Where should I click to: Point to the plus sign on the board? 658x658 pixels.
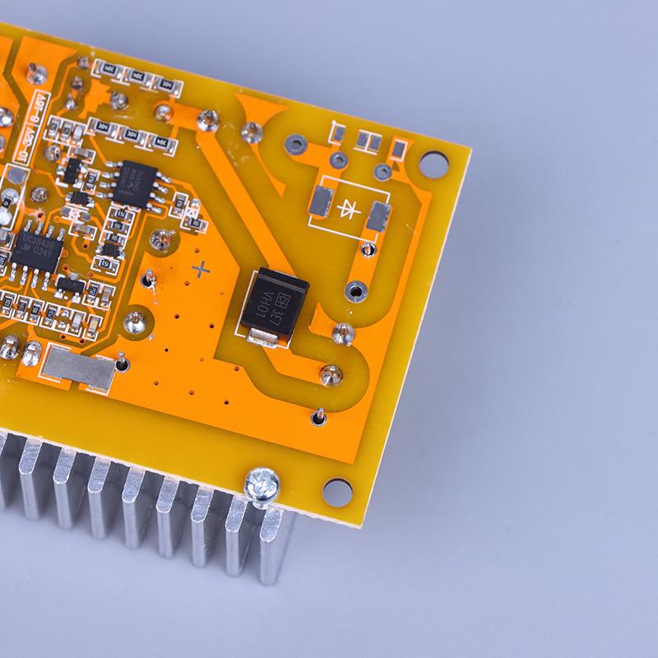pyautogui.click(x=199, y=268)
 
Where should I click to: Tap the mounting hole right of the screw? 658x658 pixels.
pyautogui.click(x=336, y=492)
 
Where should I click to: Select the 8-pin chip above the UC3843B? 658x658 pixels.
pyautogui.click(x=137, y=176)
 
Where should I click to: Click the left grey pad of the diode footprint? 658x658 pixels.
pyautogui.click(x=320, y=198)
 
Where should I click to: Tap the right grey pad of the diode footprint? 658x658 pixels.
pyautogui.click(x=378, y=217)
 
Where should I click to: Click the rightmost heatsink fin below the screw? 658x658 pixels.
pyautogui.click(x=276, y=543)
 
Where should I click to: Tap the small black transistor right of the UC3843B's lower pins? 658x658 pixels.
pyautogui.click(x=72, y=287)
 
